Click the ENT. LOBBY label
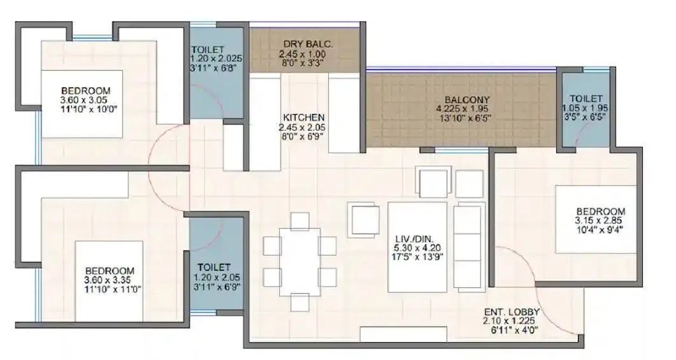click(512, 312)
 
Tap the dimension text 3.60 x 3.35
click(110, 280)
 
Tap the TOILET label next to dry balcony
click(208, 49)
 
